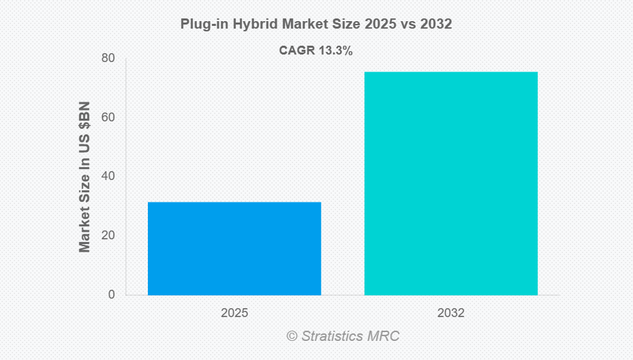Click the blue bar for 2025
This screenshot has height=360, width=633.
(x=234, y=248)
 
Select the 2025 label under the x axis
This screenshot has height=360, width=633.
(x=234, y=314)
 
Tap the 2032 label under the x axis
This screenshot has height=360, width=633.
(x=450, y=314)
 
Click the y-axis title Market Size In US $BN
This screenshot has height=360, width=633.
(x=84, y=177)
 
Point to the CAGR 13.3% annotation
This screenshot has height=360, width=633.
(x=315, y=50)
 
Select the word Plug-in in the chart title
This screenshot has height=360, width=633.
(x=202, y=24)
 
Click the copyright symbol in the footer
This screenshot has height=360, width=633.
(x=292, y=336)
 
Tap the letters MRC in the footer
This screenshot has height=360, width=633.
(x=385, y=336)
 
